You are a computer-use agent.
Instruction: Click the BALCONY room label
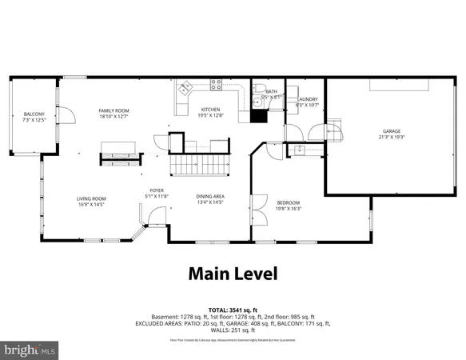pos(34,114)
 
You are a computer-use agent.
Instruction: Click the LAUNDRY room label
pos(307,101)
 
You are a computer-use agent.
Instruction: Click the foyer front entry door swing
pos(152,216)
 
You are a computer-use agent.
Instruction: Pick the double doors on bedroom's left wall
pos(257,210)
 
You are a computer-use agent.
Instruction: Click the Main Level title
pos(233,274)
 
